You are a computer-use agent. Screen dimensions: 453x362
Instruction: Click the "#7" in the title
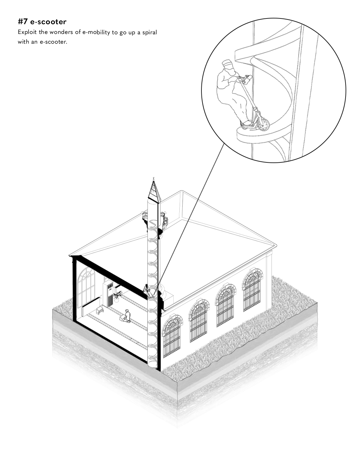(x=23, y=22)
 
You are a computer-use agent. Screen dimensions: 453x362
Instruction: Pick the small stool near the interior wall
(x=100, y=310)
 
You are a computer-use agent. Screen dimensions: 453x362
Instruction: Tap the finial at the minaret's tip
(x=154, y=178)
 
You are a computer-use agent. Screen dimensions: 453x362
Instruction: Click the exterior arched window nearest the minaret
(x=171, y=336)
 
